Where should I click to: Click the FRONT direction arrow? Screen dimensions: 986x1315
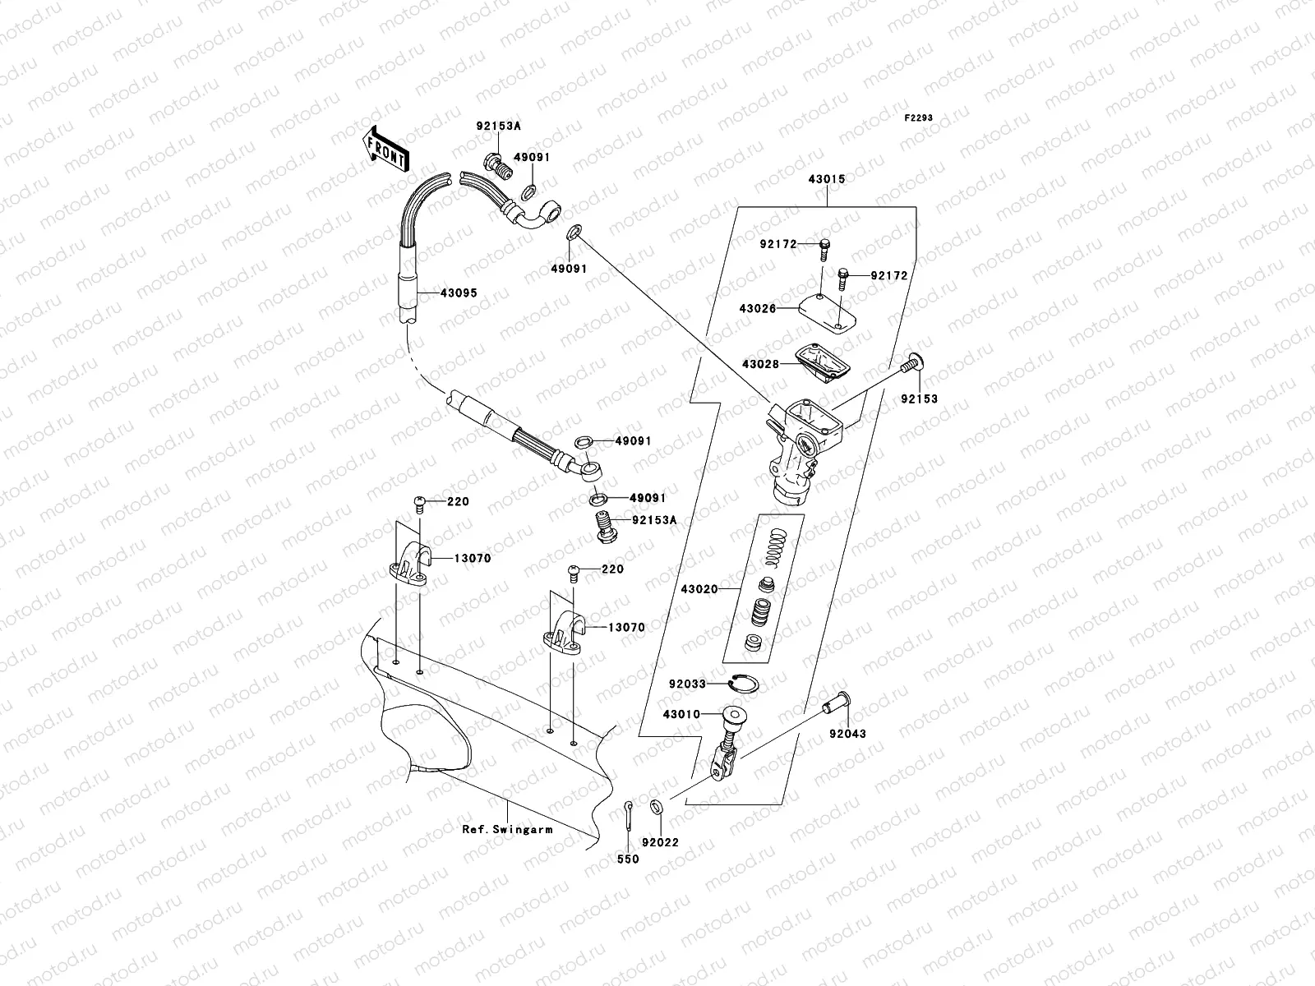(x=385, y=150)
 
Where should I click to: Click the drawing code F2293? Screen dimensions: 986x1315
(x=919, y=118)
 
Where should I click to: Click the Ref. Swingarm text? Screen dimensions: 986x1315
(x=506, y=829)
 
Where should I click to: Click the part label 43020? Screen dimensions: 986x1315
(x=699, y=589)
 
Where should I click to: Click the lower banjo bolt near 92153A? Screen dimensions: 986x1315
(x=607, y=525)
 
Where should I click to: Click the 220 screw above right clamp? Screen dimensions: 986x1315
(x=575, y=570)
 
